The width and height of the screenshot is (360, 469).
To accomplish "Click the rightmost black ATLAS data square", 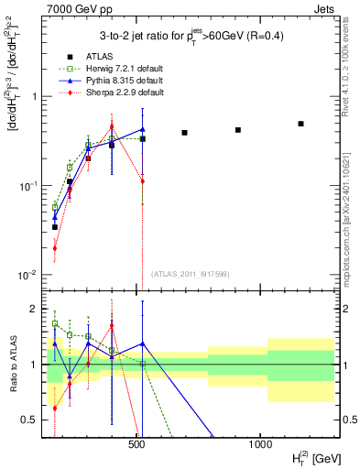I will pyautogui.click(x=300, y=124).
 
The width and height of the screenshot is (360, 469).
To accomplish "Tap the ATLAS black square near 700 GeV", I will pyautogui.click(x=184, y=133).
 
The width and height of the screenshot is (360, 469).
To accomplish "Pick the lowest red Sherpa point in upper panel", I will pyautogui.click(x=55, y=247).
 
